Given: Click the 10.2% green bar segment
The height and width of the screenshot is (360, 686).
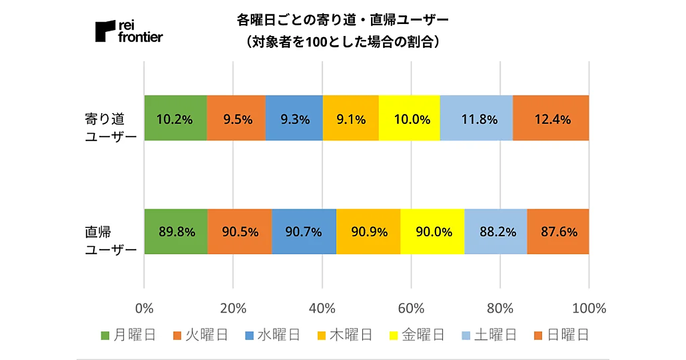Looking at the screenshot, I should pos(176,118).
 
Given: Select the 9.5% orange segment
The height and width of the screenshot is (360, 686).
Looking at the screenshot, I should pos(236,118).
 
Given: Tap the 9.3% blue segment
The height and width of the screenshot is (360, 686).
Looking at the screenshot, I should pos(294,118).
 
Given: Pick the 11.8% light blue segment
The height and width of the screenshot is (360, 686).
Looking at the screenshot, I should pos(476,118).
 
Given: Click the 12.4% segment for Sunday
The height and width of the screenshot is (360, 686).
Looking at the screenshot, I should pos(551,118).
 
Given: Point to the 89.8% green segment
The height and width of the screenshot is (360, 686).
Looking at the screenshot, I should pos(176,232).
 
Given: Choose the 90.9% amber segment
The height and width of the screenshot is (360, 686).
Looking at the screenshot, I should pos(368,232).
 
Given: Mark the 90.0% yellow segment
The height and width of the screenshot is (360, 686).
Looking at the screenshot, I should pos(433,232).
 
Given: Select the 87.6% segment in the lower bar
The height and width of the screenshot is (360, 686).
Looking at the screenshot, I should pos(558,232).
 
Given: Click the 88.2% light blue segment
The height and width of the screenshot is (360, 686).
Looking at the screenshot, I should pos(496,232).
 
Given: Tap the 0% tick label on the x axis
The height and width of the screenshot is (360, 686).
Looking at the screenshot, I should pos(145,309).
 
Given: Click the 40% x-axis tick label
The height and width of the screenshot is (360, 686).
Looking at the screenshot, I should pos(322,309).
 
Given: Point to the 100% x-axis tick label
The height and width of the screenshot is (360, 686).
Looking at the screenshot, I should pos(588,309).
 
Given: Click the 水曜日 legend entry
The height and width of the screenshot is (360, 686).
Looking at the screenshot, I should pos(272,335).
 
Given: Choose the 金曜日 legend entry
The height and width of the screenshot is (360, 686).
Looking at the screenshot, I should pos(416,335).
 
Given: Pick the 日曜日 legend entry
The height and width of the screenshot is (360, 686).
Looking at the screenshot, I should pos(560,335).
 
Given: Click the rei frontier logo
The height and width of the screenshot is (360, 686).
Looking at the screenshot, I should pos(129,31).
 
